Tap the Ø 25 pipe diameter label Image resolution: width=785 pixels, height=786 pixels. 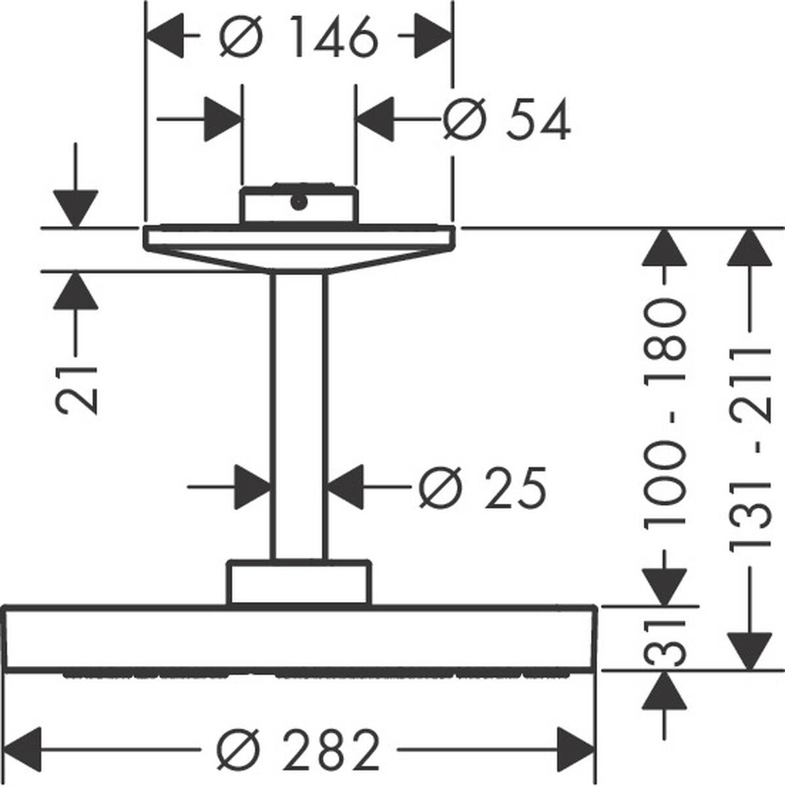(x=482, y=488)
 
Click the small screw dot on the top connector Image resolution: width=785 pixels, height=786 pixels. (x=299, y=202)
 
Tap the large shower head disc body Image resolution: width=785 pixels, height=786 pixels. (x=299, y=638)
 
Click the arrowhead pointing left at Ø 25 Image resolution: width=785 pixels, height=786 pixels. (x=345, y=487)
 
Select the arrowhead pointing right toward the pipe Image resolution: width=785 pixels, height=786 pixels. (x=252, y=487)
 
